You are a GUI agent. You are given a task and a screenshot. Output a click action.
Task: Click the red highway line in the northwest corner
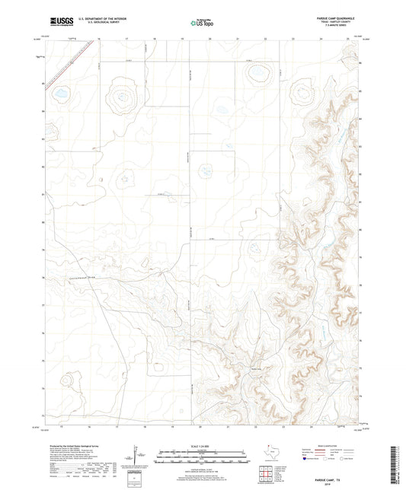(x=72, y=68)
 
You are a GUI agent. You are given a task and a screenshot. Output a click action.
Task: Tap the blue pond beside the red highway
(x=59, y=94)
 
